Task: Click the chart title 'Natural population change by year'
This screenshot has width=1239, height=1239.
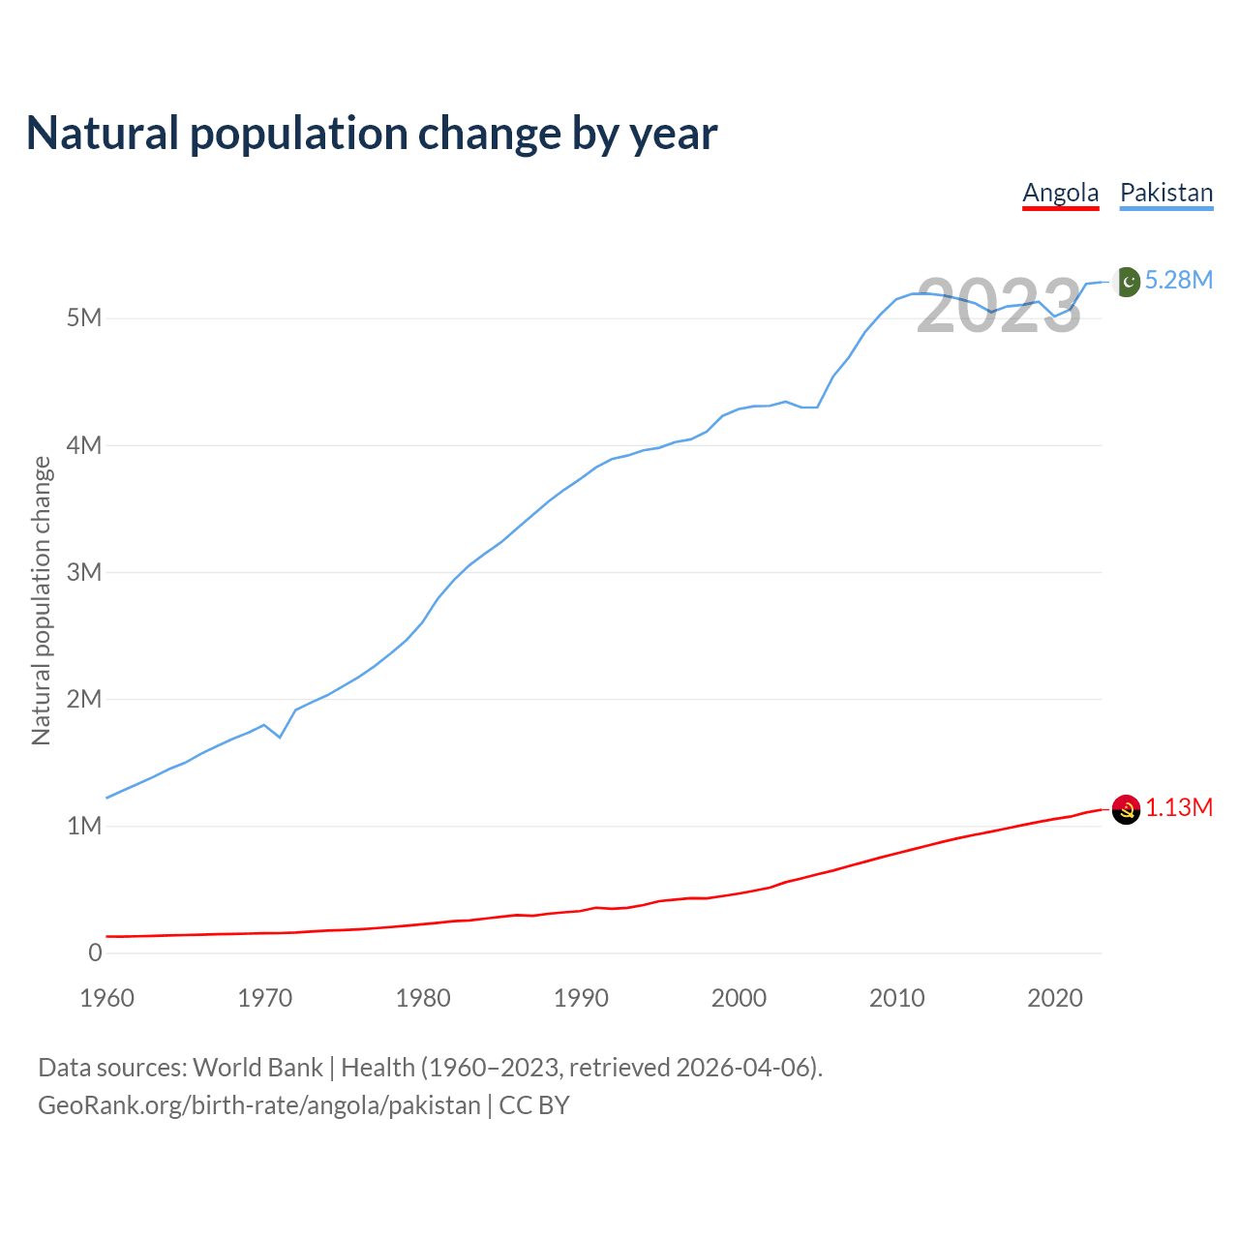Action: (x=372, y=134)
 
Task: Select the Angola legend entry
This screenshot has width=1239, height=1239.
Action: (x=1061, y=193)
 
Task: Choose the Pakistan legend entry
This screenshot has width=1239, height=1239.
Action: (x=1166, y=193)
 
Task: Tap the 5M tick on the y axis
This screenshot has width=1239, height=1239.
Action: (x=84, y=318)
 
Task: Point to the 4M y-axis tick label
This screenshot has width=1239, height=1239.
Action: (x=84, y=445)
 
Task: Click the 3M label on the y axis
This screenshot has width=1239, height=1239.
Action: (x=84, y=572)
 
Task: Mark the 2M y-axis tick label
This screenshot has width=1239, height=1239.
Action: (x=84, y=699)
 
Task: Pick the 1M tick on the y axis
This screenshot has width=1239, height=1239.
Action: (x=84, y=826)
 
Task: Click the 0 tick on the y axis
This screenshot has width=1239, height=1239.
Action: (x=95, y=952)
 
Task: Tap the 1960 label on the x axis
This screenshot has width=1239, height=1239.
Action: (x=106, y=998)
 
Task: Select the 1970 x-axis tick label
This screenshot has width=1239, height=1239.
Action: (x=265, y=998)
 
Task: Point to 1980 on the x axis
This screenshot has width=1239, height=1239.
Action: (x=423, y=998)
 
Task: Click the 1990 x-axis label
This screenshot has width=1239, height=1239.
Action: (x=581, y=998)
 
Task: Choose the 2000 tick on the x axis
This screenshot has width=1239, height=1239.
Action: (x=739, y=998)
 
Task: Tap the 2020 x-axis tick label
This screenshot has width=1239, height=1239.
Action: (x=1055, y=998)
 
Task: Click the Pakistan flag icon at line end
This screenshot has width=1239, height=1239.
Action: (x=1127, y=281)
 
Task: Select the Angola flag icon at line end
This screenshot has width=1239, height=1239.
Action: (x=1126, y=808)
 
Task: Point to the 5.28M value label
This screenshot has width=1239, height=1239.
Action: (x=1179, y=280)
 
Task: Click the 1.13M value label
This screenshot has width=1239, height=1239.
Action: (x=1179, y=807)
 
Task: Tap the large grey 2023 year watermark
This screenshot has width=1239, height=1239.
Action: (x=999, y=306)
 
